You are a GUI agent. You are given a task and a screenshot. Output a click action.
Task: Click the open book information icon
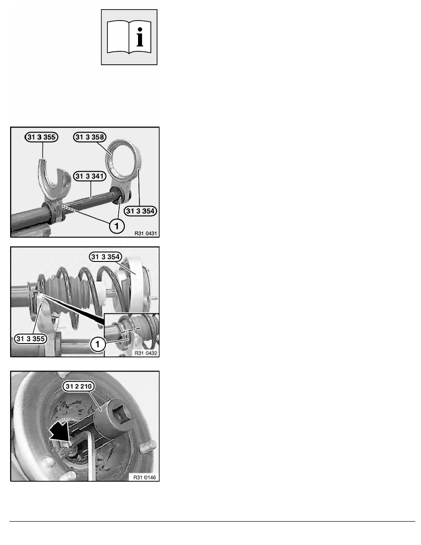pyautogui.click(x=129, y=37)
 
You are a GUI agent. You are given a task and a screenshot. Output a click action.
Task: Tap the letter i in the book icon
pyautogui.click(x=140, y=37)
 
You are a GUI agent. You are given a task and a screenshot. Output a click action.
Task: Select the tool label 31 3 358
pyautogui.click(x=89, y=137)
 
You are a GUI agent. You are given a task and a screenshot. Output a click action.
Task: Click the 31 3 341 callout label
pyautogui.click(x=89, y=176)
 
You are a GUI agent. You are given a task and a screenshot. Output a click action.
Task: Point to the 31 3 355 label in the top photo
pyautogui.click(x=41, y=137)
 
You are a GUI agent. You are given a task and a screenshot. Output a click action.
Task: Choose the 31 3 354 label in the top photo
pyautogui.click(x=140, y=211)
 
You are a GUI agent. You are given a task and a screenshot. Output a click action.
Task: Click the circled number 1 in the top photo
pyautogui.click(x=116, y=226)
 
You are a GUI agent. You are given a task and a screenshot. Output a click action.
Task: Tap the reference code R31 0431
pyautogui.click(x=145, y=234)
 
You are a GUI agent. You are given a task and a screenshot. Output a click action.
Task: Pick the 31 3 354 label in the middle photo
pyautogui.click(x=105, y=257)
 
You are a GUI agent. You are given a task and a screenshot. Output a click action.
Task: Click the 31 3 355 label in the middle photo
pyautogui.click(x=31, y=339)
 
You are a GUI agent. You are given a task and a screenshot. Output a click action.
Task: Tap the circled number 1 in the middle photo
pyautogui.click(x=97, y=345)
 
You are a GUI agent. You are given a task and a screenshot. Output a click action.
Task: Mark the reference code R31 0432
pyautogui.click(x=146, y=353)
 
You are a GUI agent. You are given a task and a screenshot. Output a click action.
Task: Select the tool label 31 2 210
pyautogui.click(x=78, y=386)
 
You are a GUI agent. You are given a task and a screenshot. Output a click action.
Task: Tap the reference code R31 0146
pyautogui.click(x=144, y=478)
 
